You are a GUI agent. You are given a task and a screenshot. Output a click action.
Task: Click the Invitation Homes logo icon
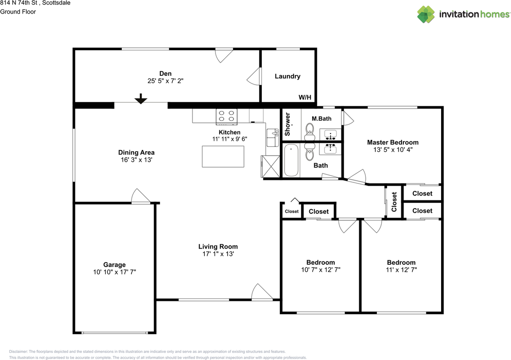(426, 14)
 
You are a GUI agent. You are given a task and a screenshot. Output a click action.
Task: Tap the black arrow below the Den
(141, 99)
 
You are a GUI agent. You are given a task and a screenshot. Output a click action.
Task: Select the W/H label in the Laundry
(305, 97)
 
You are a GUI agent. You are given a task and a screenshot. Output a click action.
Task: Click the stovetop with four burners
(226, 116)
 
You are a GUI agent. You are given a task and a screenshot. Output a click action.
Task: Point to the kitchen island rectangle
(223, 156)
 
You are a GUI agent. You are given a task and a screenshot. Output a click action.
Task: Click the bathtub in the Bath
(291, 160)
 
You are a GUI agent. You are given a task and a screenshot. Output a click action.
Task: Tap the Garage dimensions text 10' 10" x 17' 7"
(115, 272)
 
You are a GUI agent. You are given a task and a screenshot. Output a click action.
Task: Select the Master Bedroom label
(393, 142)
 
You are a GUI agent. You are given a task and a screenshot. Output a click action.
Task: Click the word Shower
(287, 125)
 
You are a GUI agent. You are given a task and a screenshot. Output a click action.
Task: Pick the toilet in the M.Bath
(310, 131)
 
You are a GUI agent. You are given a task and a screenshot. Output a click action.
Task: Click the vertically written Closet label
(394, 202)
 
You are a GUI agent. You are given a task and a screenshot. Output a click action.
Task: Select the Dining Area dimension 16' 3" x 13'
(136, 160)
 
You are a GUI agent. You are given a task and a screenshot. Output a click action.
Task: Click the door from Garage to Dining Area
(141, 196)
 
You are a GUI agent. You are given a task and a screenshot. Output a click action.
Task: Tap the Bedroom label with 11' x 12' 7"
(401, 262)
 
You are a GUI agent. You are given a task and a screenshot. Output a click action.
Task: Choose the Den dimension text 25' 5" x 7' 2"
(165, 80)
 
